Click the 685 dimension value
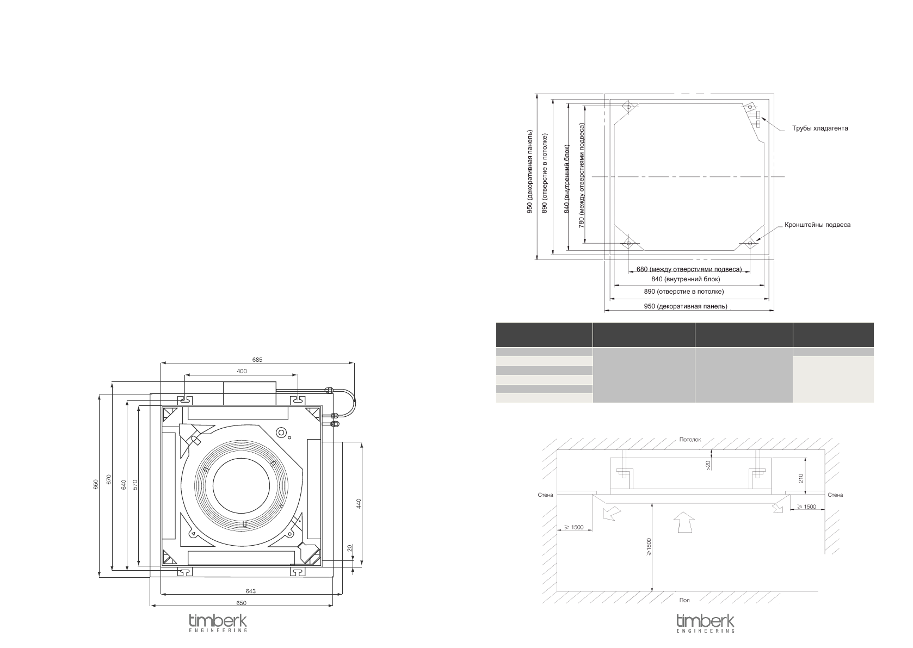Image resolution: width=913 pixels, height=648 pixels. pyautogui.click(x=257, y=360)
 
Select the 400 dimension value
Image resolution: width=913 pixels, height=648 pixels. pyautogui.click(x=242, y=371)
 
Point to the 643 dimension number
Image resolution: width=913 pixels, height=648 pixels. pyautogui.click(x=251, y=591)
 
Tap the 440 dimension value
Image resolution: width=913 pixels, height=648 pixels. pyautogui.click(x=359, y=503)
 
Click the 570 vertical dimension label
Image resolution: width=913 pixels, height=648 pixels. pyautogui.click(x=135, y=485)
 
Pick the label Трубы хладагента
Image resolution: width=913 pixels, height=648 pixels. pyautogui.click(x=819, y=128)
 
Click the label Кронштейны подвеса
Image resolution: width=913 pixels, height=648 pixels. pyautogui.click(x=818, y=225)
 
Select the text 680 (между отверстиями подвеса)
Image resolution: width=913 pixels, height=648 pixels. pyautogui.click(x=689, y=269)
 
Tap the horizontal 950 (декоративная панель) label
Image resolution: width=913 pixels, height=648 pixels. pyautogui.click(x=686, y=306)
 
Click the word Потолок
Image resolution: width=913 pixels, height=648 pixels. pyautogui.click(x=690, y=440)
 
